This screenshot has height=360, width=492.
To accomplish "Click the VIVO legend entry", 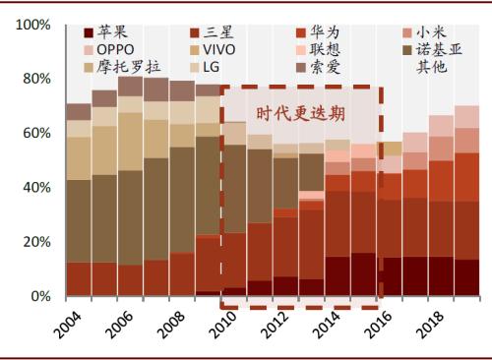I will pos(219,49).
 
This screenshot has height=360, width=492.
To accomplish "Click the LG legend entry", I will pos(213,66).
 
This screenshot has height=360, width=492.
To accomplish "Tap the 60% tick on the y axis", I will pos(34,132).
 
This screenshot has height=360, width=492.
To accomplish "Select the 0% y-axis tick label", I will pos(38,296).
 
